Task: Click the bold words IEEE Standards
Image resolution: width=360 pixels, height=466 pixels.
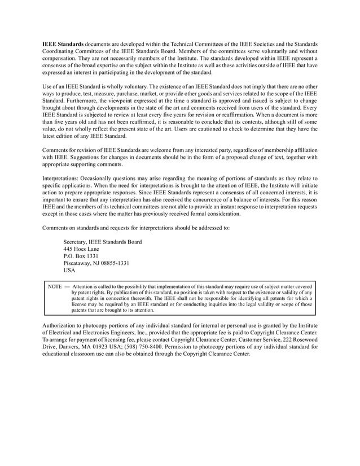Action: [x=63, y=43]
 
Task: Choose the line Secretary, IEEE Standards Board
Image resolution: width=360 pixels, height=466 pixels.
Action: [x=102, y=242]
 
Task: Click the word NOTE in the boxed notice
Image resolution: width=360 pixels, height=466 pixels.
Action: [x=55, y=287]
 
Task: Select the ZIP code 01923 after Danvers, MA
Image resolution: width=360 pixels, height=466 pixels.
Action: [x=107, y=347]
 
